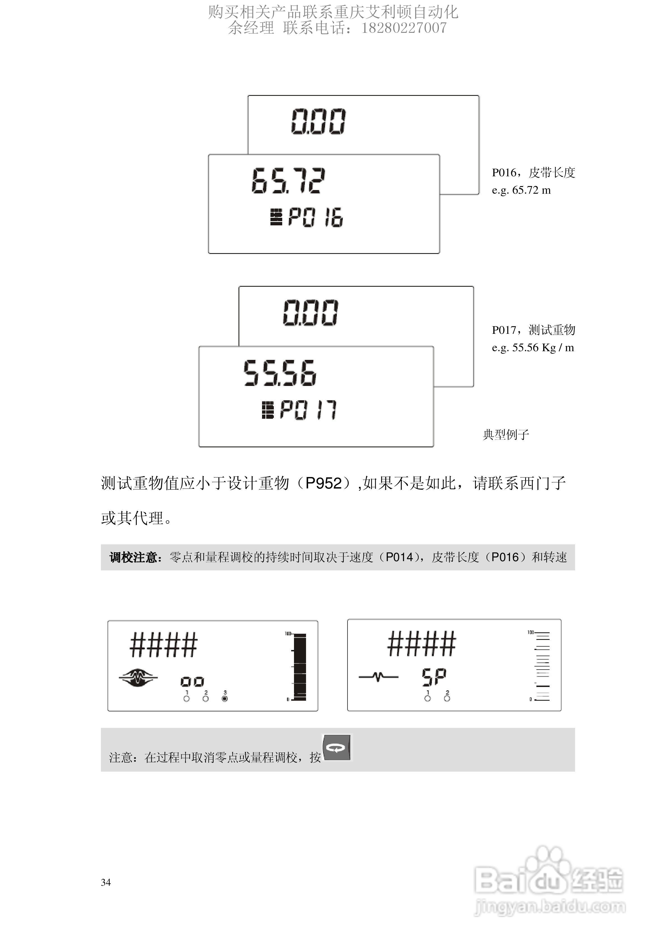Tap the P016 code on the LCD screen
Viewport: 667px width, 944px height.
point(315,217)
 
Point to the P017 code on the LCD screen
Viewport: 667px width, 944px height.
point(308,410)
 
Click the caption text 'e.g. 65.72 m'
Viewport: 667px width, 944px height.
point(521,190)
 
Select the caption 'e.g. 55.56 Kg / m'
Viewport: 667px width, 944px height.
point(532,348)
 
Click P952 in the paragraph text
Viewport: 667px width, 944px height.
point(323,483)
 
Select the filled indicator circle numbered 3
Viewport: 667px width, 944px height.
point(224,698)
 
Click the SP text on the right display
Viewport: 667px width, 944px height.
point(434,677)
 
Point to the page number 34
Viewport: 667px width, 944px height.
point(106,882)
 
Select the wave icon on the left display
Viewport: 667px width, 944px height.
point(138,677)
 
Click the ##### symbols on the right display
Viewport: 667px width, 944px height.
point(421,644)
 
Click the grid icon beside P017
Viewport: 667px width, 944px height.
point(268,410)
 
